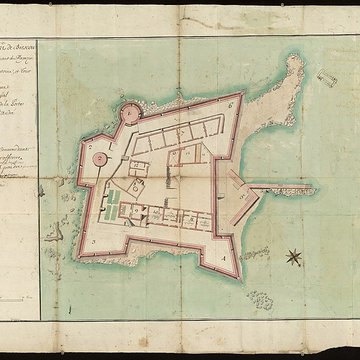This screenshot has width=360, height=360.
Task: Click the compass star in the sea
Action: tap(293, 257)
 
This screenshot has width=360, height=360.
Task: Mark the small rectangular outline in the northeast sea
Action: tap(327, 78)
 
